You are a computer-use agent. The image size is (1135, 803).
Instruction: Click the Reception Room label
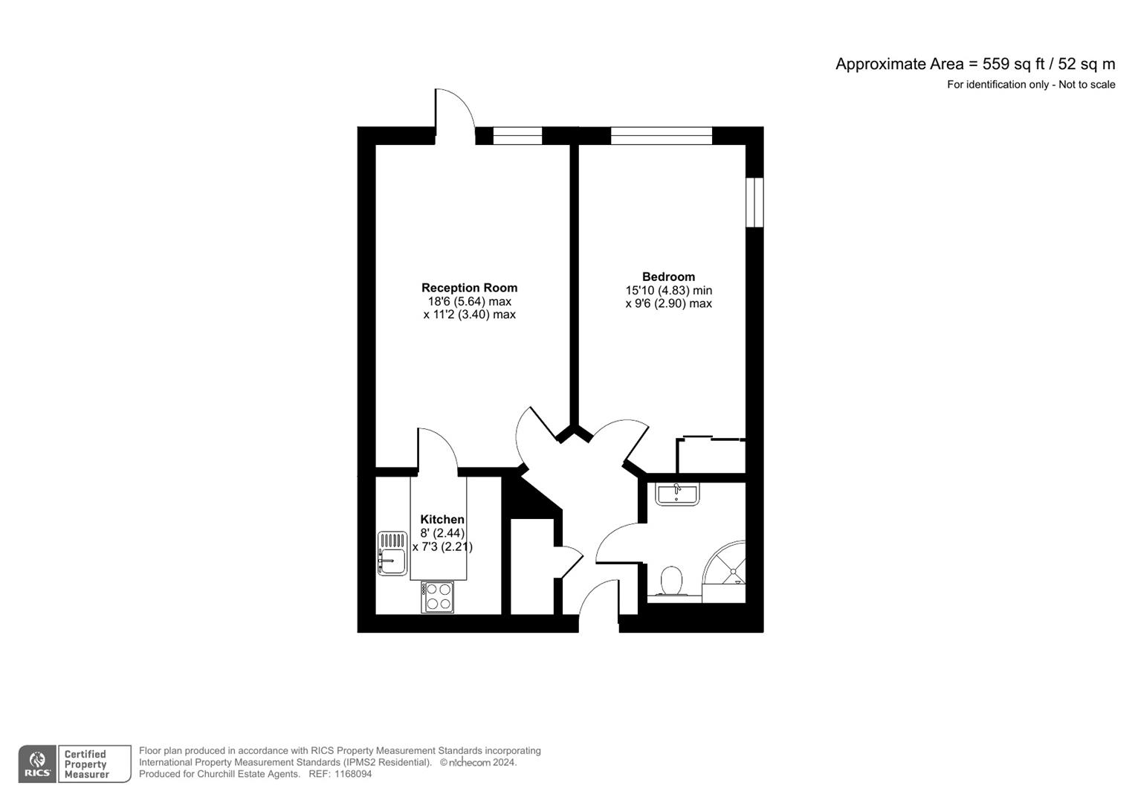pos(469,288)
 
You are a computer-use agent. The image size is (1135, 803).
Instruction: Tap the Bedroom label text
pos(668,277)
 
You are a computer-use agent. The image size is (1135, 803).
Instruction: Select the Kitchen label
pos(442,520)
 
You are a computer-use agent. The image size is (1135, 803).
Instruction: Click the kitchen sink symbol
pos(392,553)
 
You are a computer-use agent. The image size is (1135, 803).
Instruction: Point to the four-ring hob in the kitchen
pos(437,597)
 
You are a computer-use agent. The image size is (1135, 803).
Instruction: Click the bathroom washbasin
pos(677,494)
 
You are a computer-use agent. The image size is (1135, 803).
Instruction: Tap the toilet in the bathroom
pos(671,580)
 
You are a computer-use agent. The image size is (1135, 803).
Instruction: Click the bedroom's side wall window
pos(754,201)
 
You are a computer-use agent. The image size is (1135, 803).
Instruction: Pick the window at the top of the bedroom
pos(661,135)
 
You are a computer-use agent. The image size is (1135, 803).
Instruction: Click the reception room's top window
pos(517,135)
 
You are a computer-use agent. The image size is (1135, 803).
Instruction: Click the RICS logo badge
pos(37,764)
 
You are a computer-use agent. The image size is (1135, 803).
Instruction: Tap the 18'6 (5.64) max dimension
pos(469,302)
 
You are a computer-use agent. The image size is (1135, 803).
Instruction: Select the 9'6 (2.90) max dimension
pos(668,303)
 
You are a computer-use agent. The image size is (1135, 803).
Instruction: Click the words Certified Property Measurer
pos(86,764)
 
